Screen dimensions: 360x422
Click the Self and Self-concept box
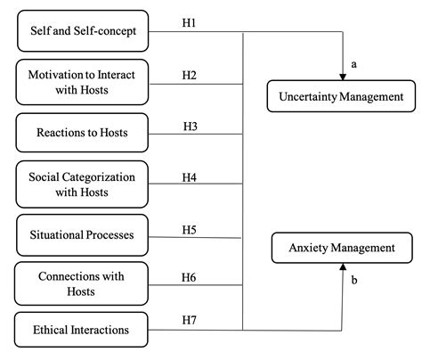[83, 33]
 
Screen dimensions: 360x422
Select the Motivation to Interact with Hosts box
[83, 82]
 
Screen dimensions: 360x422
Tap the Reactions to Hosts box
[83, 133]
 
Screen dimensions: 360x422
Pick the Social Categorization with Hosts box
[83, 184]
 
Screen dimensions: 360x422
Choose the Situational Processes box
[83, 234]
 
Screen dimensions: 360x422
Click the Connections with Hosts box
[83, 284]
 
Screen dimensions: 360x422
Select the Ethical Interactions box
[83, 330]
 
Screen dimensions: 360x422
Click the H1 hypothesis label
[189, 22]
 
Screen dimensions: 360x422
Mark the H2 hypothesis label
[189, 75]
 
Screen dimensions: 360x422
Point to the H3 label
[190, 126]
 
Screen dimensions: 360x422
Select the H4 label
[189, 176]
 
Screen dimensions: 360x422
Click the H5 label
[189, 229]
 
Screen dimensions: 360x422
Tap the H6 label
[189, 277]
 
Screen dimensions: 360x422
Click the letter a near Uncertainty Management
[353, 65]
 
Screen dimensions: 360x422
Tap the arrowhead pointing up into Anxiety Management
[342, 267]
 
